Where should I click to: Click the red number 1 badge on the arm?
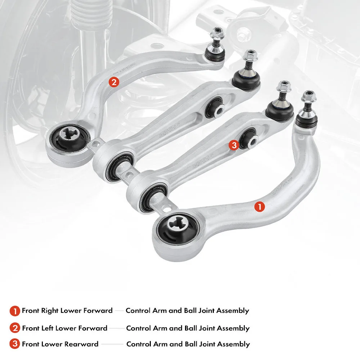[259, 206]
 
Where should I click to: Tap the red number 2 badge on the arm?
[114, 82]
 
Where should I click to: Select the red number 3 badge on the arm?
[234, 145]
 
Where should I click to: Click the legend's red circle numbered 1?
[15, 311]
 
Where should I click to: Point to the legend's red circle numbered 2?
[15, 328]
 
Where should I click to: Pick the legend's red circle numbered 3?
[15, 344]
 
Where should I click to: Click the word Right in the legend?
[53, 310]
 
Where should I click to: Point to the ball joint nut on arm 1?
[308, 96]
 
